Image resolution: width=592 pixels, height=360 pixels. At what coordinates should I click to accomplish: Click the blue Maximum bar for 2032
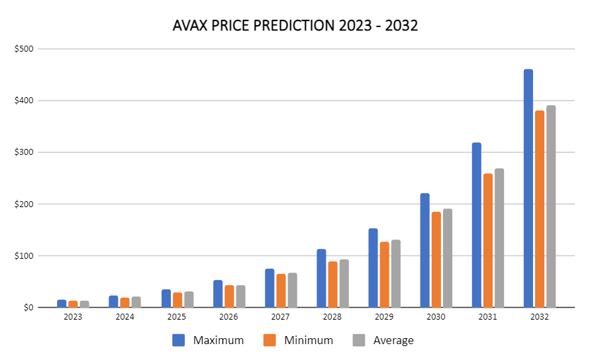point(528,189)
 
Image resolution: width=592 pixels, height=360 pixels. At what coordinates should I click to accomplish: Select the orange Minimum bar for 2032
point(539,209)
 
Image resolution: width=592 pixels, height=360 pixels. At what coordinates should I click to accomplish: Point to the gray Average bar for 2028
point(344,283)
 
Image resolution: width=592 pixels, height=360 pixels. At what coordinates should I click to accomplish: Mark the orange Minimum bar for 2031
point(487,240)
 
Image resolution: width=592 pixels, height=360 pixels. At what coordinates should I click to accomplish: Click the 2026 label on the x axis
point(228,317)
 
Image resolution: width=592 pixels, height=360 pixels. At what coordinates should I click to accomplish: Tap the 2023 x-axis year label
point(73,317)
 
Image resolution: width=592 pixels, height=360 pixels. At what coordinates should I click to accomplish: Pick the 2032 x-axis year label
point(539,317)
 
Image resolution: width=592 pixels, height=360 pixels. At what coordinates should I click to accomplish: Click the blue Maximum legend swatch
point(178,340)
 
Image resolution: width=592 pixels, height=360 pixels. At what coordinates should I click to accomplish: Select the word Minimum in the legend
point(308,341)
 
